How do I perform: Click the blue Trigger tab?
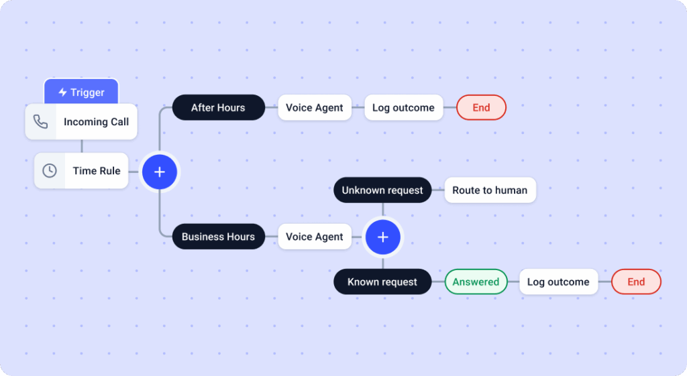[x=81, y=92]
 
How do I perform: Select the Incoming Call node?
[x=96, y=122]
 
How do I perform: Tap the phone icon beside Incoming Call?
[x=41, y=122]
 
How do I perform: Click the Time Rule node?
[x=96, y=171]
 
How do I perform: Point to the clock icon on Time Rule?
[x=50, y=171]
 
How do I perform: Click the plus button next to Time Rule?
[x=159, y=172]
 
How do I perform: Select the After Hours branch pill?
[x=218, y=107]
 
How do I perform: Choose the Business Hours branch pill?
[x=218, y=237]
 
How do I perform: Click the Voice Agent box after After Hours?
[x=314, y=107]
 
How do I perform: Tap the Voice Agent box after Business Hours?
[x=314, y=237]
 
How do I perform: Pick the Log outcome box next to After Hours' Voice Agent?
[x=403, y=107]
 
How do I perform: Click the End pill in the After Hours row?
[x=481, y=107]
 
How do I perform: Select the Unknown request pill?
[x=382, y=190]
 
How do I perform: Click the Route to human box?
[x=490, y=190]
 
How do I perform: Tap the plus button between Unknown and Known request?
[x=382, y=237]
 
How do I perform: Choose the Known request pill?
[x=382, y=282]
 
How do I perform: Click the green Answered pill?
[x=476, y=282]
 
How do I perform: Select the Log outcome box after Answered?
[x=558, y=282]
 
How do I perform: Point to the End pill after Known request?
[x=636, y=282]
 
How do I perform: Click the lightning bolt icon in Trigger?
[x=62, y=92]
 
